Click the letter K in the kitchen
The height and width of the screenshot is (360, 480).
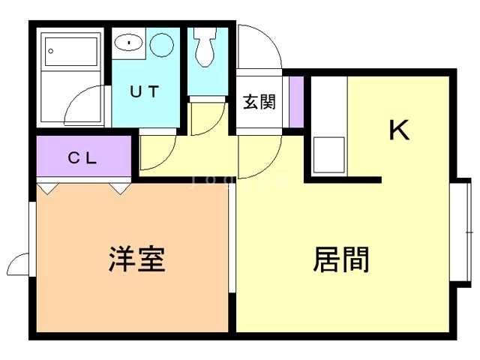(x=399, y=131)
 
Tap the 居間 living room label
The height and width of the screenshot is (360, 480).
(x=341, y=259)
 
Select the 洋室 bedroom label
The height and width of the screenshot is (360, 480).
(x=136, y=259)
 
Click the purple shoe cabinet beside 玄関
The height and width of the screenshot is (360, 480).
(x=295, y=101)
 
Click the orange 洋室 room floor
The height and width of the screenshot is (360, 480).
(x=131, y=292)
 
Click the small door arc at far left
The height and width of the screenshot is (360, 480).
(x=17, y=264)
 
